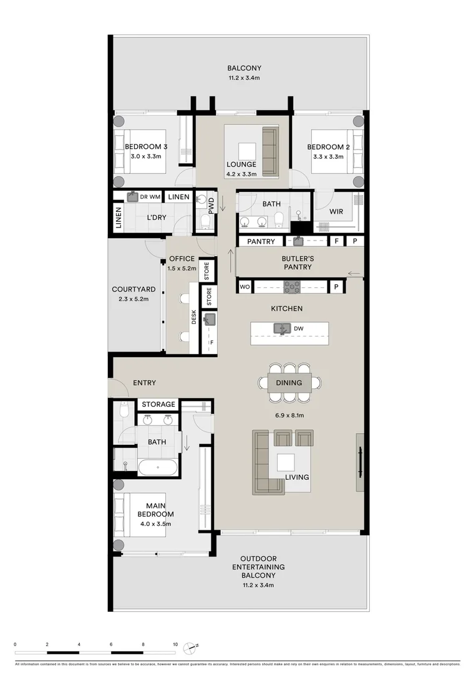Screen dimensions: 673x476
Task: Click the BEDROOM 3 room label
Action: pos(146,147)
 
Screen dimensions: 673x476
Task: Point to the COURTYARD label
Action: pos(133,289)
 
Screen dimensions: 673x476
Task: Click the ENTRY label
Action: pos(145,383)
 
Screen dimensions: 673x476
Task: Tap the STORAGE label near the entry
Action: pos(158,404)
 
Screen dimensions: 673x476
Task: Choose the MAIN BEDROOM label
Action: pos(155,510)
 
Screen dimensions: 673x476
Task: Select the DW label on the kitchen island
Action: pos(298,328)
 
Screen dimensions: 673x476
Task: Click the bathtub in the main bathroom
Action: pos(157,467)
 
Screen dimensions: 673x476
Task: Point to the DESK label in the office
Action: pos(193,318)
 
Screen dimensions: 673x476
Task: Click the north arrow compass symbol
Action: pos(196,646)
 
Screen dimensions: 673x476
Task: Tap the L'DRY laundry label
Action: pos(155,218)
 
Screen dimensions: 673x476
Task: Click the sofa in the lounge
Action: pos(270,151)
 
